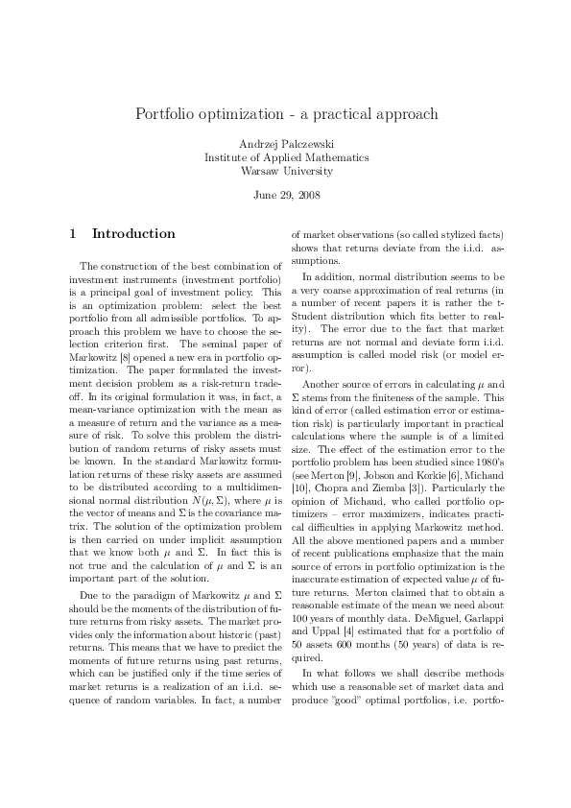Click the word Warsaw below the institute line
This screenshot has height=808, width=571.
[262, 172]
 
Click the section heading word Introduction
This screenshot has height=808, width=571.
[133, 233]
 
